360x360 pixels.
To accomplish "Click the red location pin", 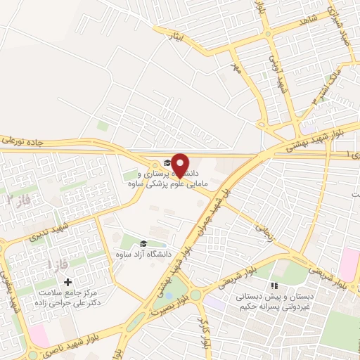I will [x=181, y=165].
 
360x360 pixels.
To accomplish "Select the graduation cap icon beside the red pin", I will [x=166, y=163].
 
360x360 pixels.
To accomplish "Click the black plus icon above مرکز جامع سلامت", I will [x=67, y=281].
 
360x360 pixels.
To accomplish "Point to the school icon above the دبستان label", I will [x=274, y=286].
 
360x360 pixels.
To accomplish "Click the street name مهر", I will [x=236, y=68].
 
